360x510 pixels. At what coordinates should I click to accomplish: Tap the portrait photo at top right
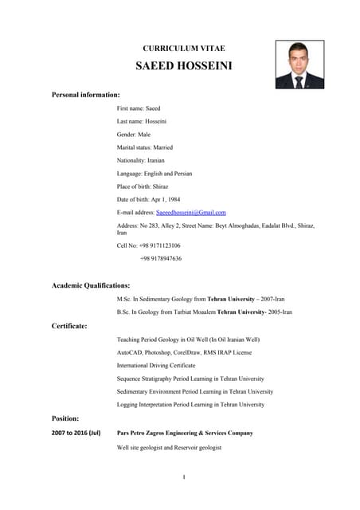point(299,65)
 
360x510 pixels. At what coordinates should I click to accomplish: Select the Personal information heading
point(85,95)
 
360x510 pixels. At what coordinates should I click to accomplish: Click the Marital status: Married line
point(144,147)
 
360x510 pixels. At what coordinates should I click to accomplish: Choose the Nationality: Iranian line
point(141,160)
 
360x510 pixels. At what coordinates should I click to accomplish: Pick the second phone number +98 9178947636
point(160,258)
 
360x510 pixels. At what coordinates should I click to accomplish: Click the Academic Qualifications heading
point(91,285)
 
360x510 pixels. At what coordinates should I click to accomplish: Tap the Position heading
point(65,418)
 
